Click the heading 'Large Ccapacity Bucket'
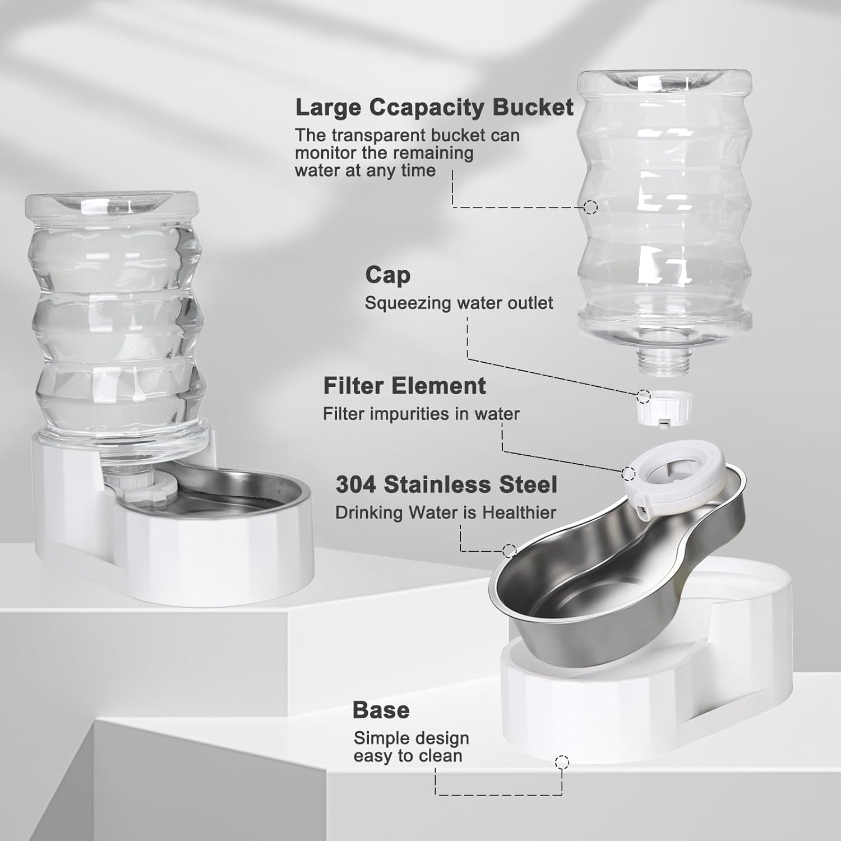tap(434, 107)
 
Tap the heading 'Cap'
tap(387, 275)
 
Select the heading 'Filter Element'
tap(404, 386)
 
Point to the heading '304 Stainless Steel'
tap(446, 484)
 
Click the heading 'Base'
tap(381, 710)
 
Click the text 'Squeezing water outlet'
tap(459, 303)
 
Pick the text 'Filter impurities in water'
tap(421, 414)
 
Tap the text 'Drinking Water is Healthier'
tap(446, 512)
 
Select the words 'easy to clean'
tap(408, 756)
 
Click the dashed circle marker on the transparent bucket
tap(590, 207)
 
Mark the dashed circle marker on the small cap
tap(644, 396)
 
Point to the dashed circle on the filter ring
tap(629, 474)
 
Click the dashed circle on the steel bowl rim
tap(509, 551)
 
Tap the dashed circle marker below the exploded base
tap(562, 762)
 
